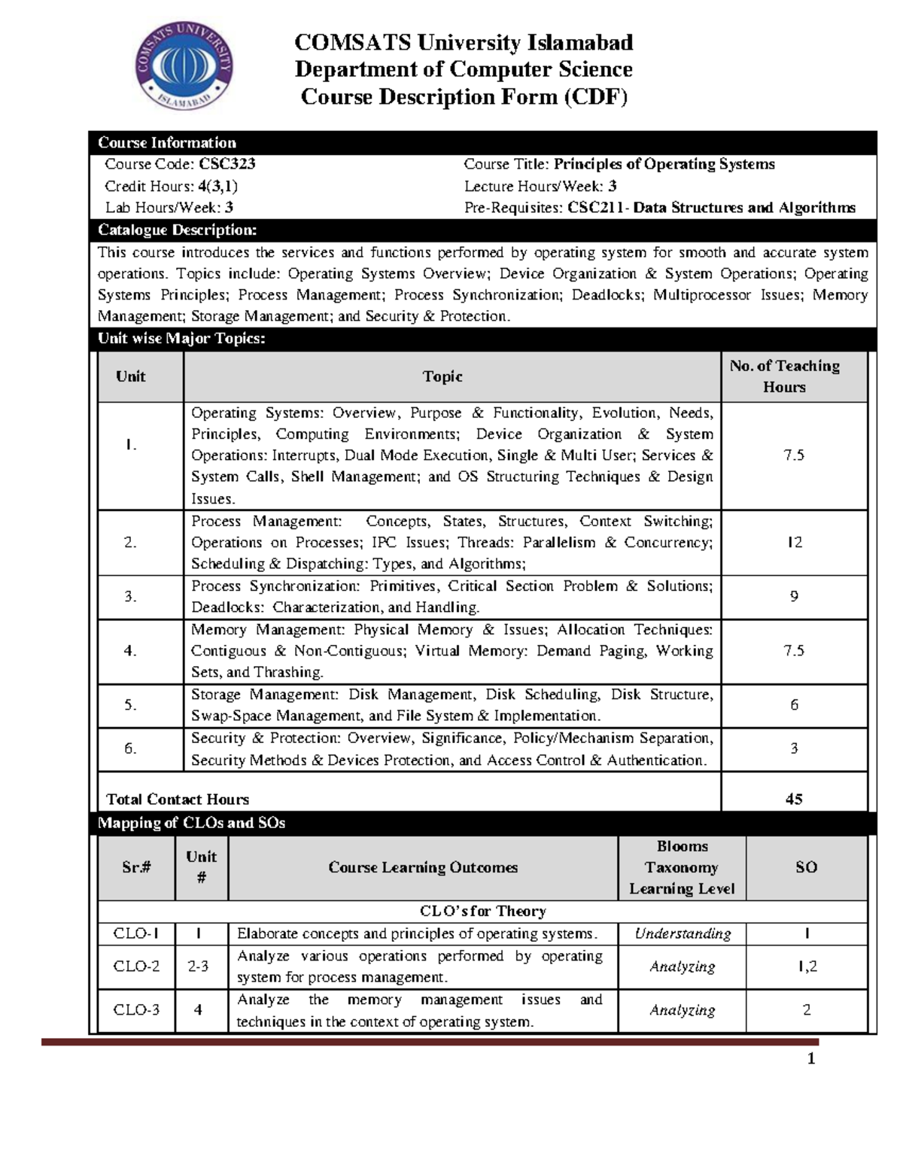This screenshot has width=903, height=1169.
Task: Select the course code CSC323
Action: pos(227,164)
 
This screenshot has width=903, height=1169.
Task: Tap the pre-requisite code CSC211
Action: pos(595,208)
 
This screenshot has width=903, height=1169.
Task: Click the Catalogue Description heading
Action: pos(178,230)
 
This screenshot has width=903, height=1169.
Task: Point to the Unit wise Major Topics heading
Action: pos(181,339)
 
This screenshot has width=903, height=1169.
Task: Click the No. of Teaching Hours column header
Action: pos(784,376)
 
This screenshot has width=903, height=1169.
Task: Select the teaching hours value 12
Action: pos(794,542)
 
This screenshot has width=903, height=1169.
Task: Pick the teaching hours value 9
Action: pos(794,596)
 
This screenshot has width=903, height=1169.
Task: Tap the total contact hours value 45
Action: pos(794,799)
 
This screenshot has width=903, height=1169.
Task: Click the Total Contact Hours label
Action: pos(178,799)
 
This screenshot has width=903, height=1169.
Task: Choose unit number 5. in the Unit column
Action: pos(131,705)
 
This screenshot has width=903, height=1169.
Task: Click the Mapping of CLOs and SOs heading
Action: pos(192,823)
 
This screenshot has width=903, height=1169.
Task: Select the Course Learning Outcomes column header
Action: pos(423,867)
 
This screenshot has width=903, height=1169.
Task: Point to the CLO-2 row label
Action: pos(136,967)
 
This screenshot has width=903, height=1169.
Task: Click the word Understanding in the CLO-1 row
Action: pos(683,934)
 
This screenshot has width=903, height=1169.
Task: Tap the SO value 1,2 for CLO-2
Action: pos(807,967)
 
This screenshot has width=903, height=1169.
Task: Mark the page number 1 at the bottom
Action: pos(811,1060)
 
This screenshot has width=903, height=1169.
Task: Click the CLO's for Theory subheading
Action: pos(482,912)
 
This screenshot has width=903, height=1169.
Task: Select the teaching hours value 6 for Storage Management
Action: pos(794,705)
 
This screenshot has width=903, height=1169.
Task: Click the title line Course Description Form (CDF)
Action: pos(464,97)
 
